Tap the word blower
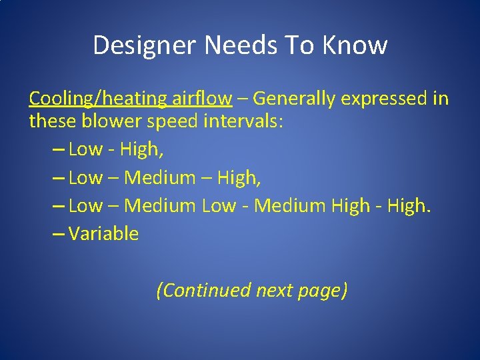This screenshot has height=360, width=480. coord(108,122)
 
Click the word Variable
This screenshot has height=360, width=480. coord(103,234)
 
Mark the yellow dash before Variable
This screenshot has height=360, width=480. coord(57,234)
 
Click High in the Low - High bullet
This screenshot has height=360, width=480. coord(141,150)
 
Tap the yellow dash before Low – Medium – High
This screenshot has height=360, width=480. coord(57,178)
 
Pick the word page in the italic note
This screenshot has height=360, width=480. coord(323,291)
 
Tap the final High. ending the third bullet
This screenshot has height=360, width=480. coord(410,206)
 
